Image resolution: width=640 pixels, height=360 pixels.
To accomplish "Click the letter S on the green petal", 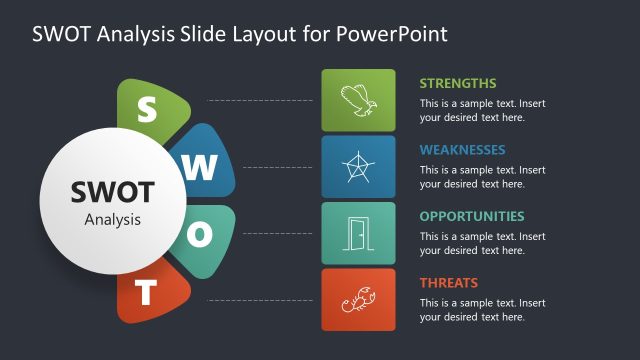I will pyautogui.click(x=147, y=109).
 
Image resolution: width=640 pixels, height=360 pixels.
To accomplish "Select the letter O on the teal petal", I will pyautogui.click(x=201, y=234).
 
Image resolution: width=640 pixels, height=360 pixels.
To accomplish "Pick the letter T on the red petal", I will pyautogui.click(x=147, y=293).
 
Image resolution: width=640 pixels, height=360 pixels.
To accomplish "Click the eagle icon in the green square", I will pyautogui.click(x=358, y=100).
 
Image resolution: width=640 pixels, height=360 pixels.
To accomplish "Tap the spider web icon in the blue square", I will pyautogui.click(x=358, y=166).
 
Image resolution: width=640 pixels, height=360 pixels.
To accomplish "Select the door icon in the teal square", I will pyautogui.click(x=358, y=233).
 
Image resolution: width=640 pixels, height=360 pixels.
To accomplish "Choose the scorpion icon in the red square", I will pyautogui.click(x=358, y=299).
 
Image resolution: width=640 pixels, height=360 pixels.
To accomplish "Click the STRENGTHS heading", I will pyautogui.click(x=458, y=83).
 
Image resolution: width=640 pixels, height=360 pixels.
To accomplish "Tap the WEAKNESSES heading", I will pyautogui.click(x=462, y=150).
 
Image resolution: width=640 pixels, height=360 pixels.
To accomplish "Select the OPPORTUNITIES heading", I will pyautogui.click(x=471, y=216).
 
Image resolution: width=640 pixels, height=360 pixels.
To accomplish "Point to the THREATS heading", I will pyautogui.click(x=448, y=282).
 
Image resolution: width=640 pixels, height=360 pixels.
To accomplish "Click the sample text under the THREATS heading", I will pyautogui.click(x=482, y=309).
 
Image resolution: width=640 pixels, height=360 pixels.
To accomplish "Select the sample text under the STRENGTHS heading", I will pyautogui.click(x=482, y=110).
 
